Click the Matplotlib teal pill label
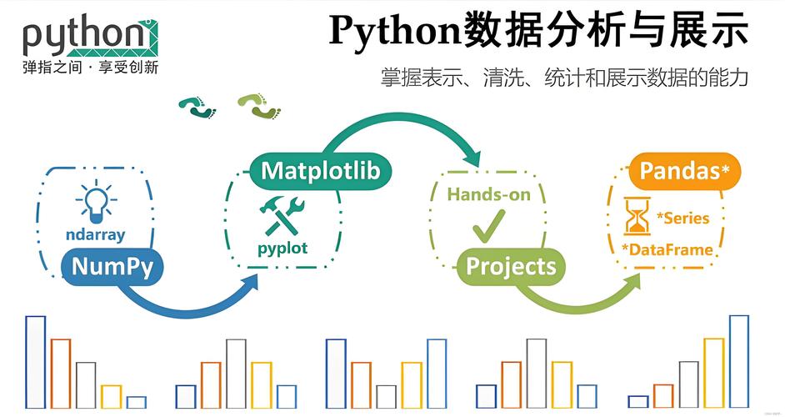(x=320, y=171)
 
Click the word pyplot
(x=282, y=248)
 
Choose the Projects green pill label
(x=511, y=266)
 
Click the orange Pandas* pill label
(x=684, y=171)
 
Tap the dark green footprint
(x=197, y=107)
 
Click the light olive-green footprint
(x=258, y=105)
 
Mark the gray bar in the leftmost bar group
(x=86, y=384)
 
